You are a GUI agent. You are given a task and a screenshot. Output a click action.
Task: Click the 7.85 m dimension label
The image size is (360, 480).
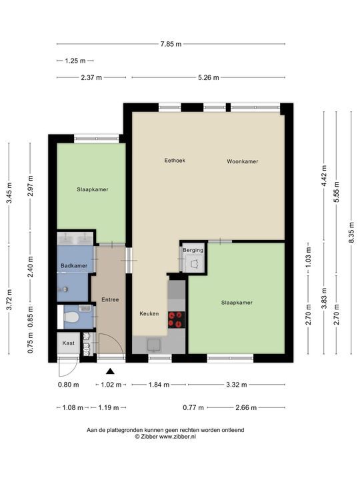pos(171,44)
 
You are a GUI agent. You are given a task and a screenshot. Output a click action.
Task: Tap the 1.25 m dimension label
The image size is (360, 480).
pos(75,61)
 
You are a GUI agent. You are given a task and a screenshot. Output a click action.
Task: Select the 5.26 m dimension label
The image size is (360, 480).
pos(209,78)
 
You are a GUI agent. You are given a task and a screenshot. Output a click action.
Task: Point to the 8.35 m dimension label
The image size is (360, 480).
pos(352,233)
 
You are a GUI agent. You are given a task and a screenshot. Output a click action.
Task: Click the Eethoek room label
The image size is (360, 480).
pos(175,161)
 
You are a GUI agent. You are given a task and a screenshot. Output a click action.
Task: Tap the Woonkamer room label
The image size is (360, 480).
pos(243,161)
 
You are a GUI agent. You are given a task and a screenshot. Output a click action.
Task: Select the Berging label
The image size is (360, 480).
pos(193,250)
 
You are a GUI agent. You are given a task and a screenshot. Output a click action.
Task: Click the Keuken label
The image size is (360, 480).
pos(149,313)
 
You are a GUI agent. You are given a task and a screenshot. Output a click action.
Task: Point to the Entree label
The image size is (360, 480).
pos(110,300)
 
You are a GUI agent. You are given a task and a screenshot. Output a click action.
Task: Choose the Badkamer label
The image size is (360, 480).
pos(74,266)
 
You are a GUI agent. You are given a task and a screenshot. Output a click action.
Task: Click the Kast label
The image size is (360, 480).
pos(68,343)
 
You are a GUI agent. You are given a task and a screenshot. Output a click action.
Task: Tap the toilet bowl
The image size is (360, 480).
pos(71,317)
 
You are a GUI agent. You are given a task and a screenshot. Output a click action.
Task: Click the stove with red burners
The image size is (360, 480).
pos(177,319)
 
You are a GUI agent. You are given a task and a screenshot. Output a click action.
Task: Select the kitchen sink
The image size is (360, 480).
pos(154,345)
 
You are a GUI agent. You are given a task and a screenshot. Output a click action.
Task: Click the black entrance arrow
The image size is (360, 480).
pos(110,371)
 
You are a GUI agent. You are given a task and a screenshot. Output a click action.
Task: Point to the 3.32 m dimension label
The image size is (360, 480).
pos(237,385)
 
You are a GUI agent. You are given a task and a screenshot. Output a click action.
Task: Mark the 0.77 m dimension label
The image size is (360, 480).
pos(193,408)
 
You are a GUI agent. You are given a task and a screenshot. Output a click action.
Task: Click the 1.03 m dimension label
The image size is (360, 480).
pos(308,257)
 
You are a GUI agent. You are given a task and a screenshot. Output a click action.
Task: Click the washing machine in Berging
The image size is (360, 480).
pos(194,264)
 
